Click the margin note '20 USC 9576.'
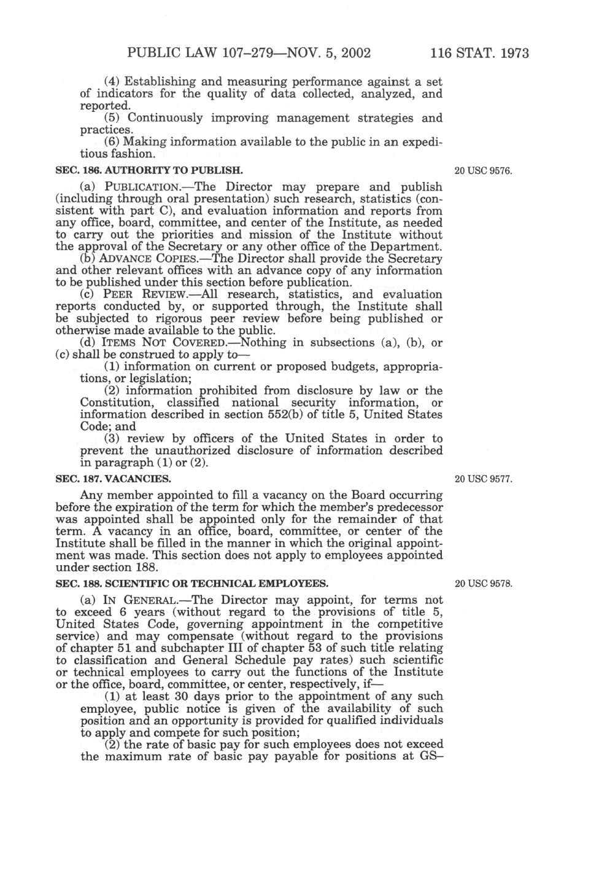pyautogui.click(x=483, y=170)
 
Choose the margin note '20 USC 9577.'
pyautogui.click(x=483, y=479)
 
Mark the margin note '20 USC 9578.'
pyautogui.click(x=483, y=583)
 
